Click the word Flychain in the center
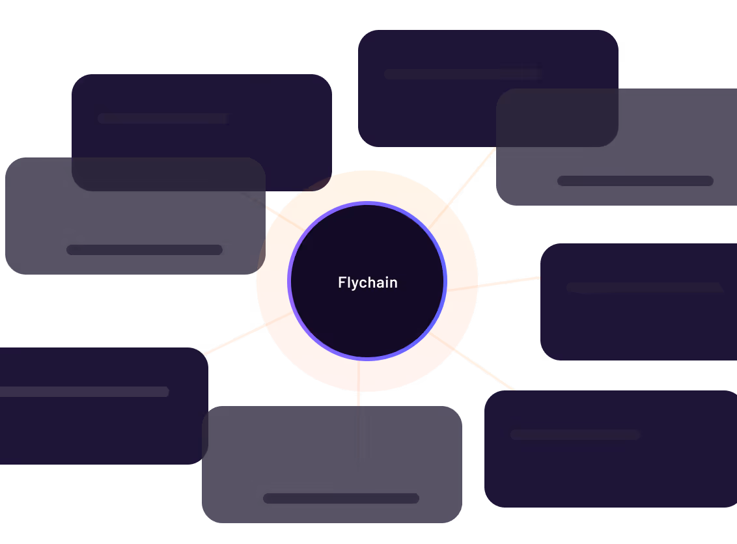pyautogui.click(x=367, y=282)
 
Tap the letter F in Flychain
pyautogui.click(x=341, y=282)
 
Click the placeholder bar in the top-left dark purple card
pyautogui.click(x=163, y=118)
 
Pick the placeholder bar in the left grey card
pyautogui.click(x=145, y=250)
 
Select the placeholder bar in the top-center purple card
pyautogui.click(x=462, y=74)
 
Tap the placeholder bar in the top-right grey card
pyautogui.click(x=635, y=181)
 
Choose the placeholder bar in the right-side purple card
pyautogui.click(x=645, y=288)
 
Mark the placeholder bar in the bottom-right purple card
pyautogui.click(x=575, y=434)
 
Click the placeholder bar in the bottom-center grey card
pyautogui.click(x=340, y=498)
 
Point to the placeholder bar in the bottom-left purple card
pyautogui.click(x=85, y=392)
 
